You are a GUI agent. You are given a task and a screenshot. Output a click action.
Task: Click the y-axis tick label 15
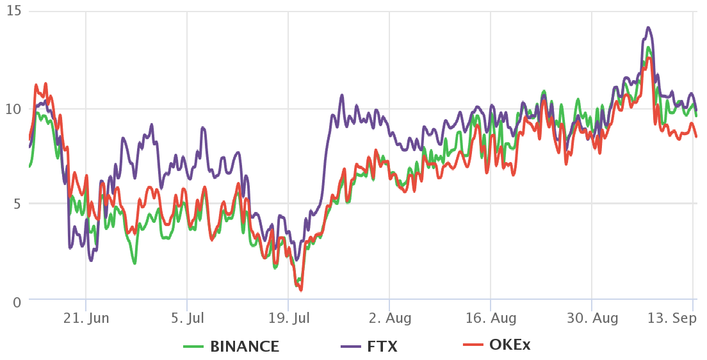(14, 12)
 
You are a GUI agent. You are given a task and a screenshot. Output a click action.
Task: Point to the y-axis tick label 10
(14, 108)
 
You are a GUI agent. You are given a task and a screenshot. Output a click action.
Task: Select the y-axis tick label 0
(17, 301)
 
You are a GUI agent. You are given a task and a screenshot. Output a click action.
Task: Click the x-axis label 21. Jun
(86, 318)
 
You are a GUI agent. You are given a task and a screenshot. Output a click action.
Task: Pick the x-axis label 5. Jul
(187, 318)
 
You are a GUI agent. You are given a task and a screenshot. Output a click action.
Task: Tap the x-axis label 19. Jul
(288, 318)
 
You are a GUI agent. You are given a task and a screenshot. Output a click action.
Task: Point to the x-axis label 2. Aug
(389, 318)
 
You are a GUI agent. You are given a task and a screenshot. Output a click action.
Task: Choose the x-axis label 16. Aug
(491, 318)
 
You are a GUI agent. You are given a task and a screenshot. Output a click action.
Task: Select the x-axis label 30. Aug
(592, 318)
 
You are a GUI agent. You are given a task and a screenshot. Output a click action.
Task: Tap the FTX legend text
(382, 347)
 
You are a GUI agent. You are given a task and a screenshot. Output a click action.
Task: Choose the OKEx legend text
(510, 345)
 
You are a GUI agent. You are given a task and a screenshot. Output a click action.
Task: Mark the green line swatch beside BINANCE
(198, 347)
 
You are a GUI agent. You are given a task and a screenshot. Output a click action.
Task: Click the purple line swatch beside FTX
(352, 347)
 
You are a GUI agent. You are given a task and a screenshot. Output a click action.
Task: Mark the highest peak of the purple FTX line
(648, 28)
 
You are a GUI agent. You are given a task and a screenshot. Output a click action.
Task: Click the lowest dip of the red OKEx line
(300, 290)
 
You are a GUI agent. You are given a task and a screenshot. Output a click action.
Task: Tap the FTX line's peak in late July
(342, 95)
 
